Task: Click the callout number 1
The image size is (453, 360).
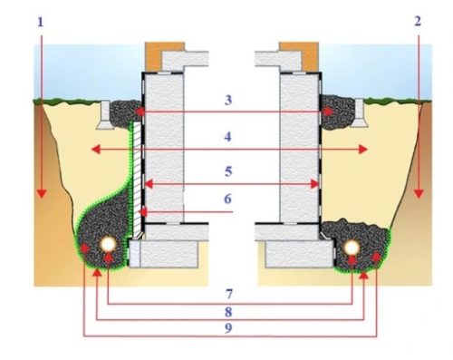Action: point(41,23)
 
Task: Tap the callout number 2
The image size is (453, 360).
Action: point(418,22)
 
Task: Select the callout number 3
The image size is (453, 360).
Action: point(228,100)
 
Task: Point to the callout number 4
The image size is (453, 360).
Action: point(228,137)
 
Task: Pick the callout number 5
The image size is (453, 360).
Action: point(228,171)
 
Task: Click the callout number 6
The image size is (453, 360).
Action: point(228,199)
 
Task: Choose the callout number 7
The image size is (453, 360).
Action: point(228,294)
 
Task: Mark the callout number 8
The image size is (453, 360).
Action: point(228,312)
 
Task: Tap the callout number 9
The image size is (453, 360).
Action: point(228,328)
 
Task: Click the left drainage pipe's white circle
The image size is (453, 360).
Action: point(108,245)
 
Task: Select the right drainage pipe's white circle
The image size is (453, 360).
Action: point(352,248)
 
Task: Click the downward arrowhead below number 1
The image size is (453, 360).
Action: point(42,193)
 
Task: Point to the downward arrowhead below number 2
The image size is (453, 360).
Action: point(419,193)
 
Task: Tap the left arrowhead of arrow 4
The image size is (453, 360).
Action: point(96,150)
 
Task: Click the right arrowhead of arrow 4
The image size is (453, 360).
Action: point(362,150)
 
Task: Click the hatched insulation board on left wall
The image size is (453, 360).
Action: point(138,180)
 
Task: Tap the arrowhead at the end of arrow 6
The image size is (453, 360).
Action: point(143,212)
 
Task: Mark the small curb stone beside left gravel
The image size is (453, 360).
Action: point(105,115)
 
